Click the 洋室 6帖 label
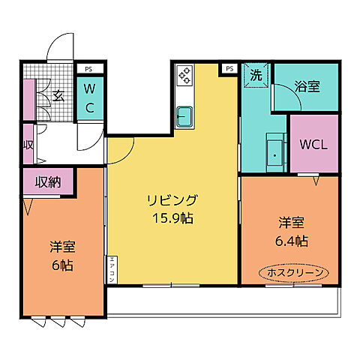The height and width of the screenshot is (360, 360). (x=63, y=255)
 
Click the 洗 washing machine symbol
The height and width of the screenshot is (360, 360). (x=256, y=76)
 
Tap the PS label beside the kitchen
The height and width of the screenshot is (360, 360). (x=229, y=68)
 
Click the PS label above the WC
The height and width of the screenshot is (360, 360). (x=89, y=68)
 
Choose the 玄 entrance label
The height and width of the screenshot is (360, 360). (x=58, y=95)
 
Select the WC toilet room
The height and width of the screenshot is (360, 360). (x=89, y=98)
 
